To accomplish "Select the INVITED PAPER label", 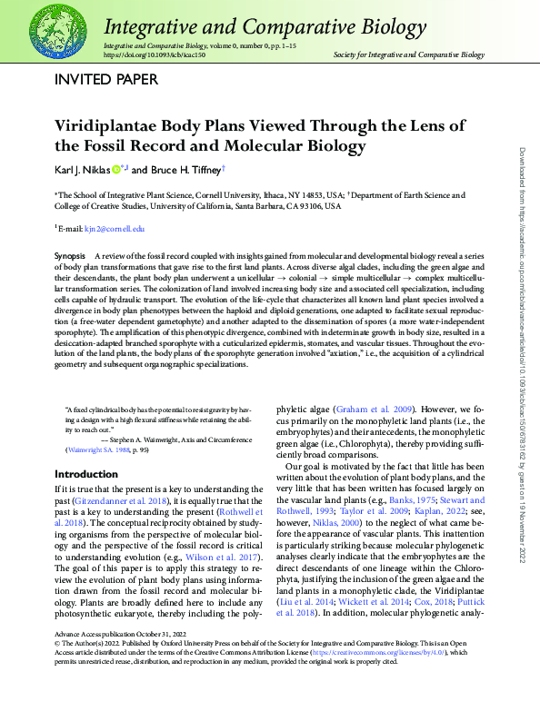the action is tap(106, 79).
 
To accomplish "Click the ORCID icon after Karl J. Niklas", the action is tap(116, 169).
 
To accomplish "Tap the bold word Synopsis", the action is tap(70, 258).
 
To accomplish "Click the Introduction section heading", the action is tap(85, 474).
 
